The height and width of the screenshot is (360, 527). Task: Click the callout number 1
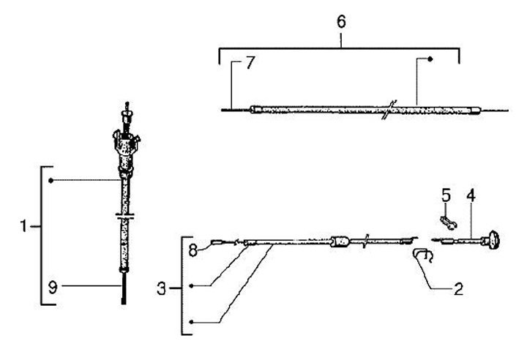coord(23,227)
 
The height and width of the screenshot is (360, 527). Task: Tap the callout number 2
coord(458,288)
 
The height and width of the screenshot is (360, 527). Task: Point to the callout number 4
coord(471,196)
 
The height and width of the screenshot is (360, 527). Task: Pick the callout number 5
coord(445,195)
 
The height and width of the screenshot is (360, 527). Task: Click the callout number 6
coord(341,21)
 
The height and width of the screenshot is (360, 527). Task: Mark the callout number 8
coord(193,250)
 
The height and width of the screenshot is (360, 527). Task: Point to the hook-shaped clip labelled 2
coord(422,255)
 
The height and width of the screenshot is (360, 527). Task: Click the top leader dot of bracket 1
coord(51,179)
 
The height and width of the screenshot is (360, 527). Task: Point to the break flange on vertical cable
coord(127,217)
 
